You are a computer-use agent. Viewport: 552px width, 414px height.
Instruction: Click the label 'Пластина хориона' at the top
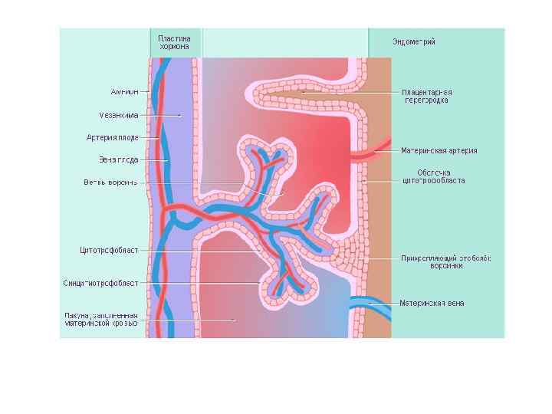[175, 41]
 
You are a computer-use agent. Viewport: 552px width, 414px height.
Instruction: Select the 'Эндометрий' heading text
[414, 41]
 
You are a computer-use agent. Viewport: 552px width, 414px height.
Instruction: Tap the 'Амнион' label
[124, 91]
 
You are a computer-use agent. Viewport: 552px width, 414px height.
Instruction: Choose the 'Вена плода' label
[118, 160]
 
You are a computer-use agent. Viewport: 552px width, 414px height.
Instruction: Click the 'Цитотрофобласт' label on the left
[109, 250]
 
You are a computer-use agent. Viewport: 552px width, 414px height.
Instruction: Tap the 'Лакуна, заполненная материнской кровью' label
[100, 318]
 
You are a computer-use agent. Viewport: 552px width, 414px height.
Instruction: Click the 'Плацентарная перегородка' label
[426, 95]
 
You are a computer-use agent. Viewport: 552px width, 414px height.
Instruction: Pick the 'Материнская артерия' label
[439, 151]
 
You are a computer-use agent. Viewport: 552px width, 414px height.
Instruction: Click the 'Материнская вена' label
[432, 303]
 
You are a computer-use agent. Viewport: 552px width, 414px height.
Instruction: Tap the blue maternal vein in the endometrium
[372, 301]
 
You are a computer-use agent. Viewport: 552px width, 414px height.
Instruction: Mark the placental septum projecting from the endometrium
[307, 95]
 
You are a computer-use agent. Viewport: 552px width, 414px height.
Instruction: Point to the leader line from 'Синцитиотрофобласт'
[199, 283]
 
